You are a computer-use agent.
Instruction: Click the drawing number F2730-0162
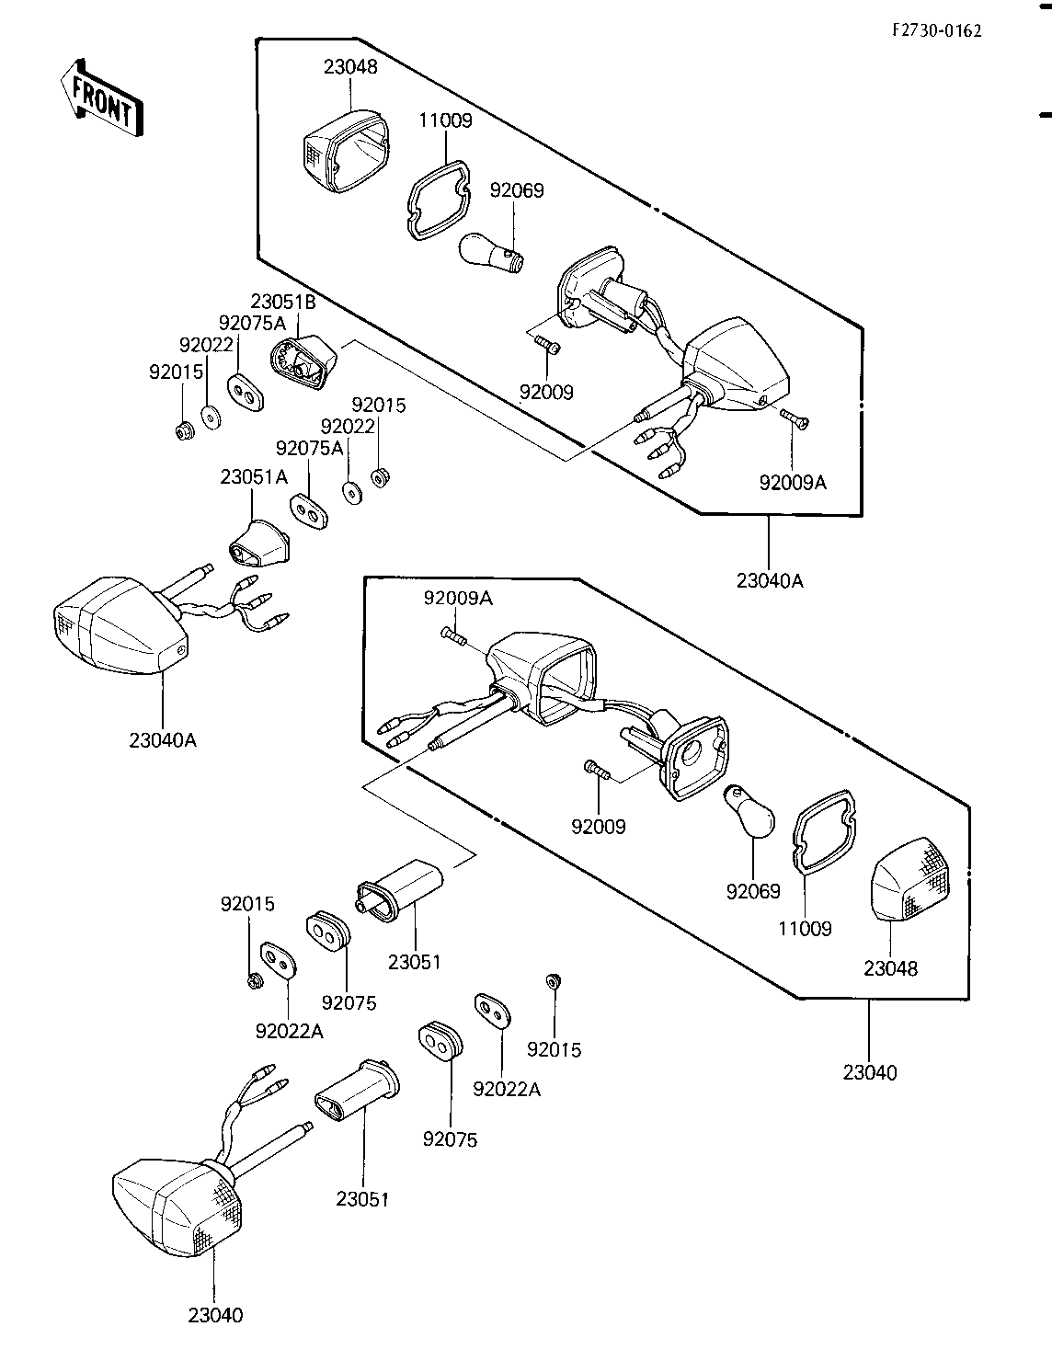tap(937, 30)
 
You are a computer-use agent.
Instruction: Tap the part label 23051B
tap(283, 302)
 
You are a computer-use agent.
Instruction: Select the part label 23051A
tap(254, 477)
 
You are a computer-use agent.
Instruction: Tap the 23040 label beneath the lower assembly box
tap(870, 1073)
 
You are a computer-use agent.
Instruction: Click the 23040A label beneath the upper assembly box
tap(770, 581)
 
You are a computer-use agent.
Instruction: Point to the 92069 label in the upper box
tap(517, 190)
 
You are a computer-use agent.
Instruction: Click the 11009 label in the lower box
tap(805, 928)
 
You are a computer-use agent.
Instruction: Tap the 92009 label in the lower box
tap(598, 827)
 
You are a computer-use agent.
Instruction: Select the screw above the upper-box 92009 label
tap(547, 344)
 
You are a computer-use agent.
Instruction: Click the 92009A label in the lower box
tap(458, 599)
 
